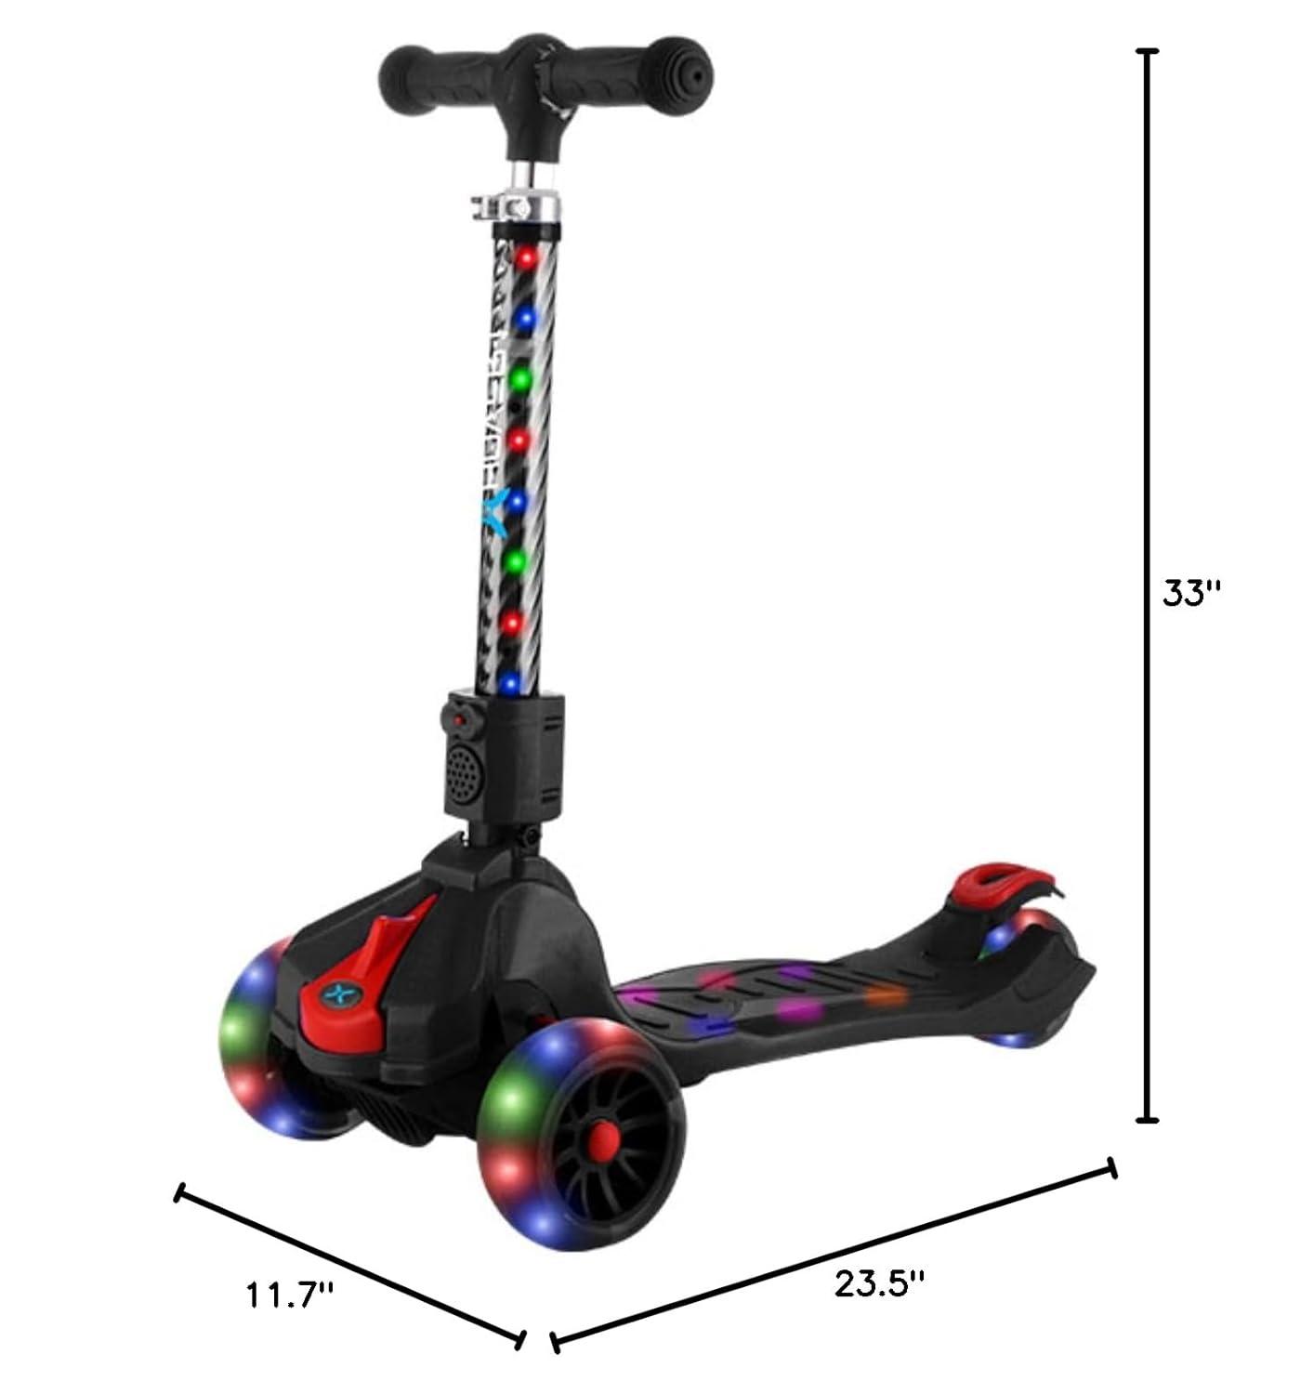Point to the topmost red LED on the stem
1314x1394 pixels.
click(529, 256)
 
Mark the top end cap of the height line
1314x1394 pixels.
click(1149, 53)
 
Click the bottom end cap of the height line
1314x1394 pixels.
click(1149, 1119)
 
